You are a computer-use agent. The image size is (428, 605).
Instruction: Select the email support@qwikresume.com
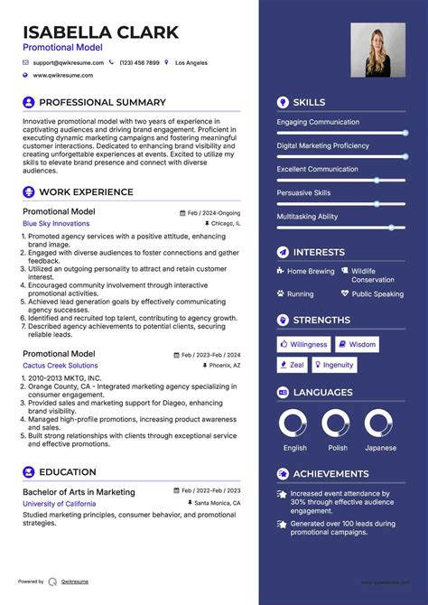[69, 63]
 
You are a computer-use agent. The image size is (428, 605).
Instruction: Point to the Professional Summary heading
[102, 103]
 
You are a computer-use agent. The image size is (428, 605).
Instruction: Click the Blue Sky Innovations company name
[56, 223]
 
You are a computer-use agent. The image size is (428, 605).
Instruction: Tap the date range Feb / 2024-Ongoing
[214, 213]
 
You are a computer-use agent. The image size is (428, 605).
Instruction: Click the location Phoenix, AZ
[223, 366]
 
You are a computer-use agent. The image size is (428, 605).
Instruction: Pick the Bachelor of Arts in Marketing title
[79, 492]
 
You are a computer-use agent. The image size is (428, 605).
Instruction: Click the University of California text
[59, 503]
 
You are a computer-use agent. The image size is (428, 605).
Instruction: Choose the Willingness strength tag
[303, 344]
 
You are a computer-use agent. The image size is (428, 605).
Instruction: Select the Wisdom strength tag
[358, 344]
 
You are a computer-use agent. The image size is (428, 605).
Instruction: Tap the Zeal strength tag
[293, 365]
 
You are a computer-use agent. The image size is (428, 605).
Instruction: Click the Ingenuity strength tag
[333, 365]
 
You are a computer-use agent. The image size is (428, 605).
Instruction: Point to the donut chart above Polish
[336, 423]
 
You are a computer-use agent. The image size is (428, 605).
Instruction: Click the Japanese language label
[380, 448]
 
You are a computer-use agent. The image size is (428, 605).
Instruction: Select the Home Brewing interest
[311, 271]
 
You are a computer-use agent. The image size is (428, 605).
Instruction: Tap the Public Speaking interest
[377, 293]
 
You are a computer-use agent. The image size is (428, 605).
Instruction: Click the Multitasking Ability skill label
[307, 217]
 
